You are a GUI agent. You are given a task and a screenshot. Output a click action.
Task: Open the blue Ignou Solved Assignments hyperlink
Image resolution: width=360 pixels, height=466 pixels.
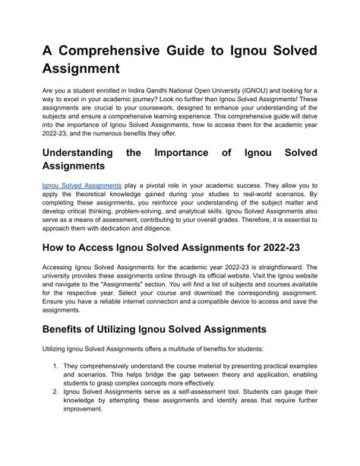click(82, 185)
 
